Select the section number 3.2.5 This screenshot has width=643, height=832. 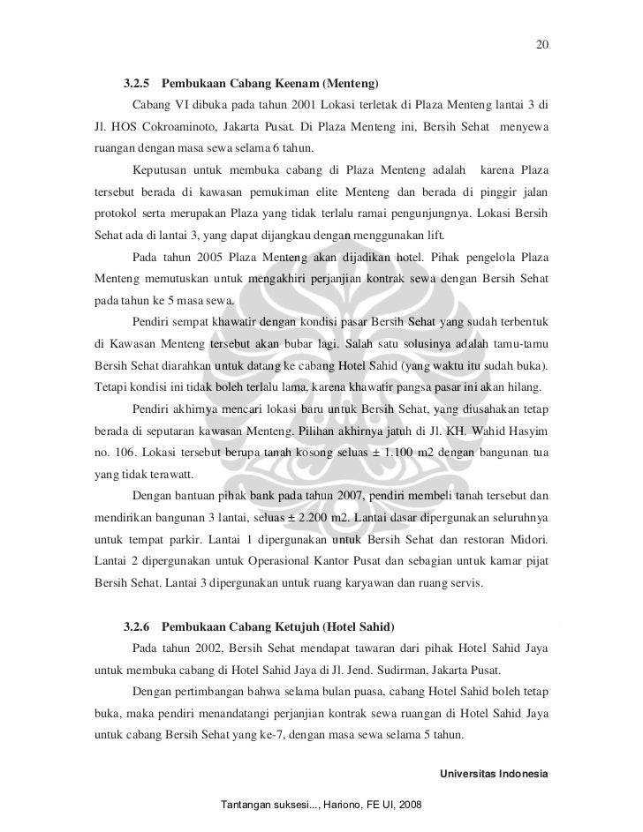coord(136,86)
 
